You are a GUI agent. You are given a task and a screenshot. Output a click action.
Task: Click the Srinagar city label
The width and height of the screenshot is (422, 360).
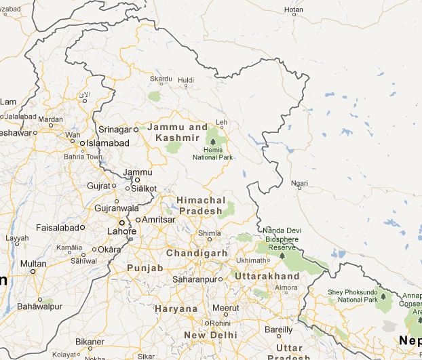pyautogui.click(x=114, y=129)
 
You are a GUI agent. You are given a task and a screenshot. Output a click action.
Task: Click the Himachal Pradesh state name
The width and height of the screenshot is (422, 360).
pyautogui.click(x=199, y=205)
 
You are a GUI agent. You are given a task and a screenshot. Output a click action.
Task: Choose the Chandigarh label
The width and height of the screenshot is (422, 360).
pyautogui.click(x=197, y=253)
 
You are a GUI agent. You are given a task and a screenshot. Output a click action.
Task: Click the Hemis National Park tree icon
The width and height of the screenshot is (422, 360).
pyautogui.click(x=213, y=140)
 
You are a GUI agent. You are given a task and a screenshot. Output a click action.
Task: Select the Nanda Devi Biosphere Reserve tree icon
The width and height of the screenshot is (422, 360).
pyautogui.click(x=282, y=258)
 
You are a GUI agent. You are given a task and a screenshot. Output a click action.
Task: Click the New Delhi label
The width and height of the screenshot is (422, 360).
pyautogui.click(x=210, y=335)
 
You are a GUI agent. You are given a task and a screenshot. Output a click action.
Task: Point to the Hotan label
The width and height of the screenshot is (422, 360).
pyautogui.click(x=293, y=9)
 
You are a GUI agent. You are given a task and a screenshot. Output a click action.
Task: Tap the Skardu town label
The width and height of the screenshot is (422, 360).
pyautogui.click(x=161, y=79)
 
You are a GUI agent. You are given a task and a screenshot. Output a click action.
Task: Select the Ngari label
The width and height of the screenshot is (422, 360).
pyautogui.click(x=298, y=184)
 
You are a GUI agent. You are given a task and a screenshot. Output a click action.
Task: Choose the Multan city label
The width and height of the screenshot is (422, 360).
pyautogui.click(x=33, y=264)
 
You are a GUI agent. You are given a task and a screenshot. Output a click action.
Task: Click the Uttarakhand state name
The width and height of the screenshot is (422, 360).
pyautogui.click(x=267, y=277)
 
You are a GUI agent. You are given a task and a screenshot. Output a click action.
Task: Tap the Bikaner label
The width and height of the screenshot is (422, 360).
pyautogui.click(x=90, y=341)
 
